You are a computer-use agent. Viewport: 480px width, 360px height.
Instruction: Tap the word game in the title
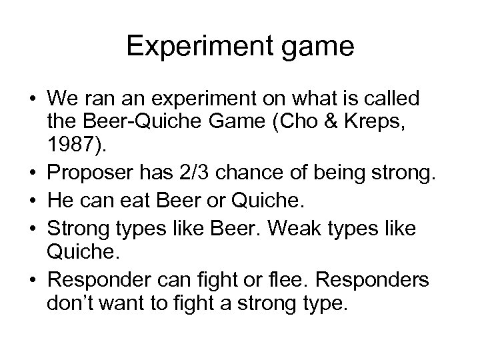tap(314, 48)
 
